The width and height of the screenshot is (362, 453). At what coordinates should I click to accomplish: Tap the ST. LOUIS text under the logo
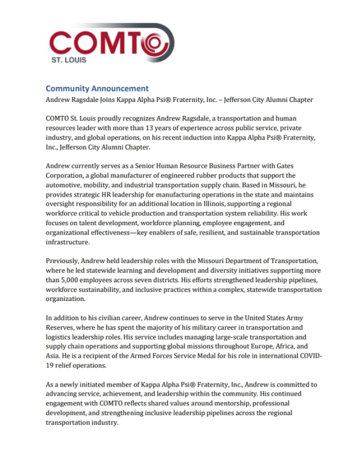click(x=69, y=60)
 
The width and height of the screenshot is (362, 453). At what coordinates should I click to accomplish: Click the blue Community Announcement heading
click(x=97, y=88)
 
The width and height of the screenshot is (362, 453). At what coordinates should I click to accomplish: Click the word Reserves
click(x=63, y=327)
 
